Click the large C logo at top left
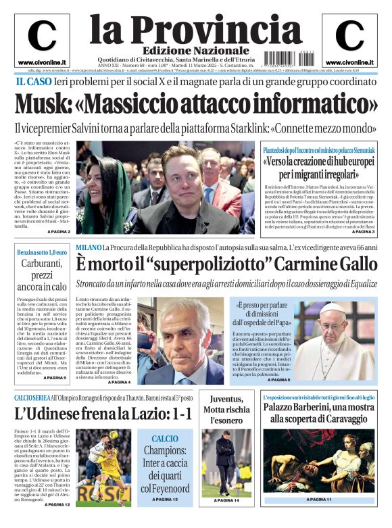(42, 36)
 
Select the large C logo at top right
(349, 36)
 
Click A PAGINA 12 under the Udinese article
(55, 504)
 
